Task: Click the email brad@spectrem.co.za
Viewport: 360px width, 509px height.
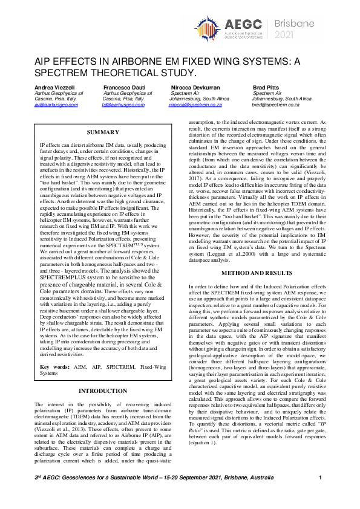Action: click(x=276, y=105)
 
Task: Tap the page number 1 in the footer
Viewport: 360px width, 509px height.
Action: click(x=320, y=478)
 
